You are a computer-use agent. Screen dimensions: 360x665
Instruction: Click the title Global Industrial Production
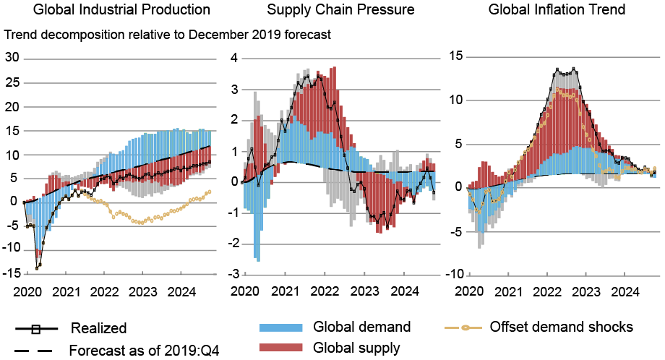[112, 10]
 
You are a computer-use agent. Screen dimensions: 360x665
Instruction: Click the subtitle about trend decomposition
[168, 34]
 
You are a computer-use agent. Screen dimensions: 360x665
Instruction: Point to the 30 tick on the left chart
[12, 58]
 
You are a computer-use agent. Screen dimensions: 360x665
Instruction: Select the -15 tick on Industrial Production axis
[10, 273]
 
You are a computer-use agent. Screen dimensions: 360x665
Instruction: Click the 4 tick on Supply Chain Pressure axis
[234, 59]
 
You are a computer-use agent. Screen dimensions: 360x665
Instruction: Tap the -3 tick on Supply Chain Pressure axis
[232, 273]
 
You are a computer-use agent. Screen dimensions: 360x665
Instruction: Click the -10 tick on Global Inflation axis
[454, 273]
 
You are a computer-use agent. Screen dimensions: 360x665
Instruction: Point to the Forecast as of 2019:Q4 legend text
[144, 351]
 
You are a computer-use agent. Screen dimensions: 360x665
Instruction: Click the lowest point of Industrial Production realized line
[37, 267]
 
